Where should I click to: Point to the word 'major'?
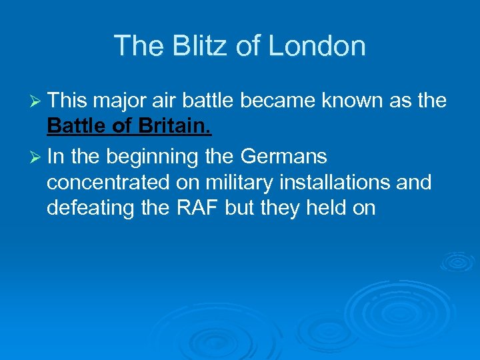pos(113,101)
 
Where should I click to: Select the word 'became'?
pos(276,101)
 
